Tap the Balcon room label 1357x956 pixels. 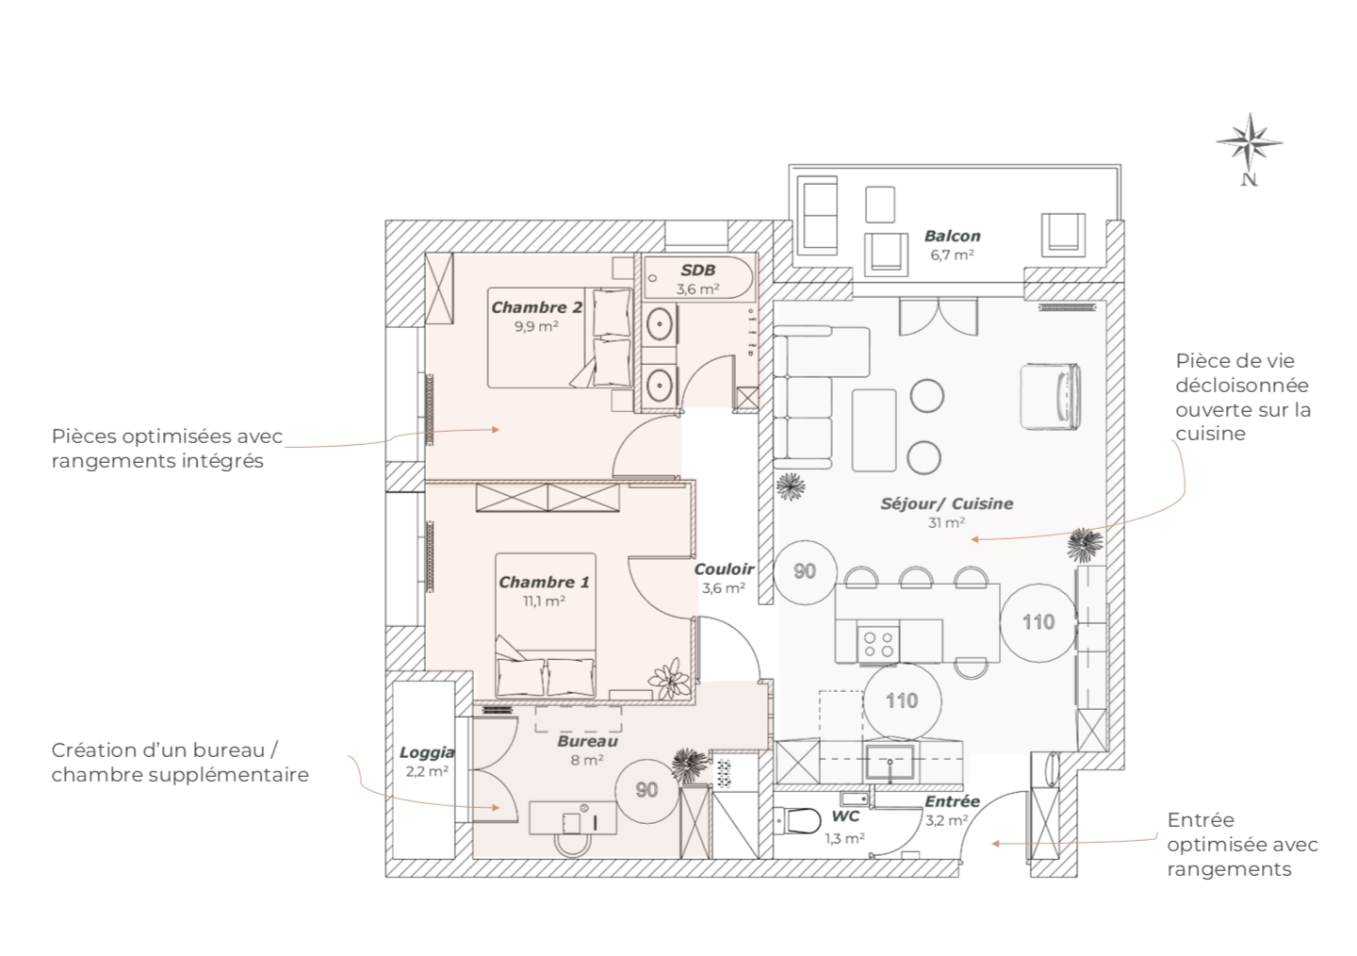point(952,236)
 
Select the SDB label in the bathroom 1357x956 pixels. point(697,271)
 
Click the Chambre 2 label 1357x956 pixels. point(536,307)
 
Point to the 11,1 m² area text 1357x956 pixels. point(544,601)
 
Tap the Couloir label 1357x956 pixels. point(724,569)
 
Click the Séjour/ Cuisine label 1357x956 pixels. point(947,503)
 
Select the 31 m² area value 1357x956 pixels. point(946,522)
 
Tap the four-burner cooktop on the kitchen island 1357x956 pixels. point(878,645)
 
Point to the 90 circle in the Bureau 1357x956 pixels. point(646,790)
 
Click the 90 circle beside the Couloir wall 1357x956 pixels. point(805,571)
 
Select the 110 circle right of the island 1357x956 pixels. point(1038,622)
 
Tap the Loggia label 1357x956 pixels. point(427,753)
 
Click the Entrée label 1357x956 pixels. point(952,801)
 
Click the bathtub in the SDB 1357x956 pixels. point(698,277)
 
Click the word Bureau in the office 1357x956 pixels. point(588,741)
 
